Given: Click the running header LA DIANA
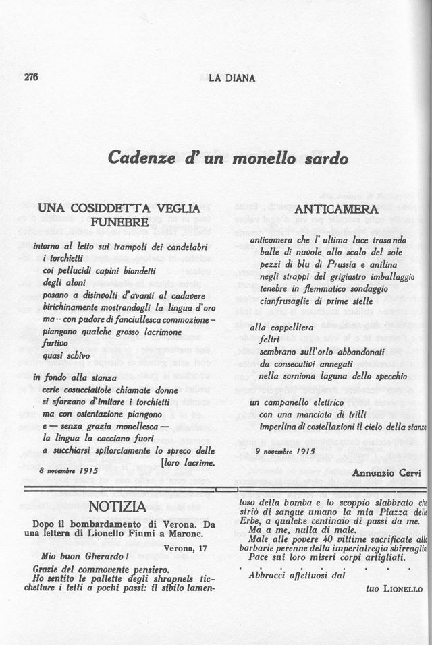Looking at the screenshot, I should click(x=232, y=78).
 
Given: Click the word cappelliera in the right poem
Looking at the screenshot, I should click(x=281, y=327).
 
